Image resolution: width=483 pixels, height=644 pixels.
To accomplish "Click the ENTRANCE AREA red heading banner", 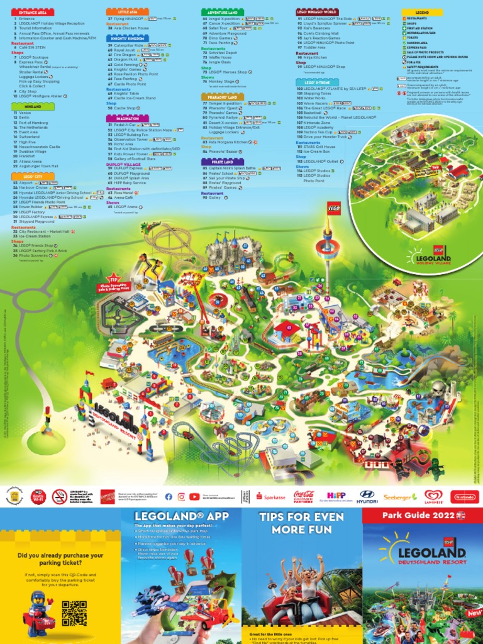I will point(33,13).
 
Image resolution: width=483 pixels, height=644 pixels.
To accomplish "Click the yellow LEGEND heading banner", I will point(422,12).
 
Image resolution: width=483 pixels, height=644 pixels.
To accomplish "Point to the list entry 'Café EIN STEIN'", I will point(32,47).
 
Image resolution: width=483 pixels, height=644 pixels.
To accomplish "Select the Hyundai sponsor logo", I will point(368,497).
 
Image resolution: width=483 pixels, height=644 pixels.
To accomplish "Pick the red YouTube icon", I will point(195,497).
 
